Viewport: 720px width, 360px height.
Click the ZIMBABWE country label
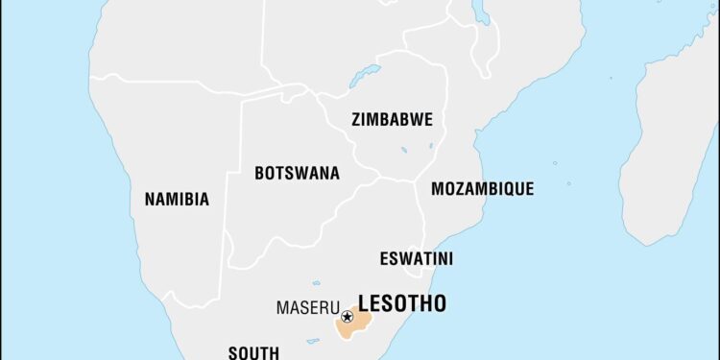[392, 120]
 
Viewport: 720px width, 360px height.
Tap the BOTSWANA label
[297, 174]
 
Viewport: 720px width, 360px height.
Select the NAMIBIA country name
[177, 200]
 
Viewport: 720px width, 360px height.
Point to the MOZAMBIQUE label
[482, 189]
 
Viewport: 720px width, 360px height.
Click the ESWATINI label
[417, 259]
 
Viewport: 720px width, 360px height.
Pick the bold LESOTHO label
[401, 304]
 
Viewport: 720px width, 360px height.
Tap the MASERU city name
[307, 308]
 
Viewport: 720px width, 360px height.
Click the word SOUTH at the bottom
[253, 351]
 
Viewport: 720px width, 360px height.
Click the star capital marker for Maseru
[347, 316]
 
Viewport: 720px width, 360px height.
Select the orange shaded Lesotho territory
[355, 324]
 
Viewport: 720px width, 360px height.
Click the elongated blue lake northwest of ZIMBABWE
[365, 75]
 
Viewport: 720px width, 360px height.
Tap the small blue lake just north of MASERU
[316, 283]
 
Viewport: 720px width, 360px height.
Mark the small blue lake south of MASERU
[313, 340]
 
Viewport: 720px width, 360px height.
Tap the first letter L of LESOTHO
[364, 304]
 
